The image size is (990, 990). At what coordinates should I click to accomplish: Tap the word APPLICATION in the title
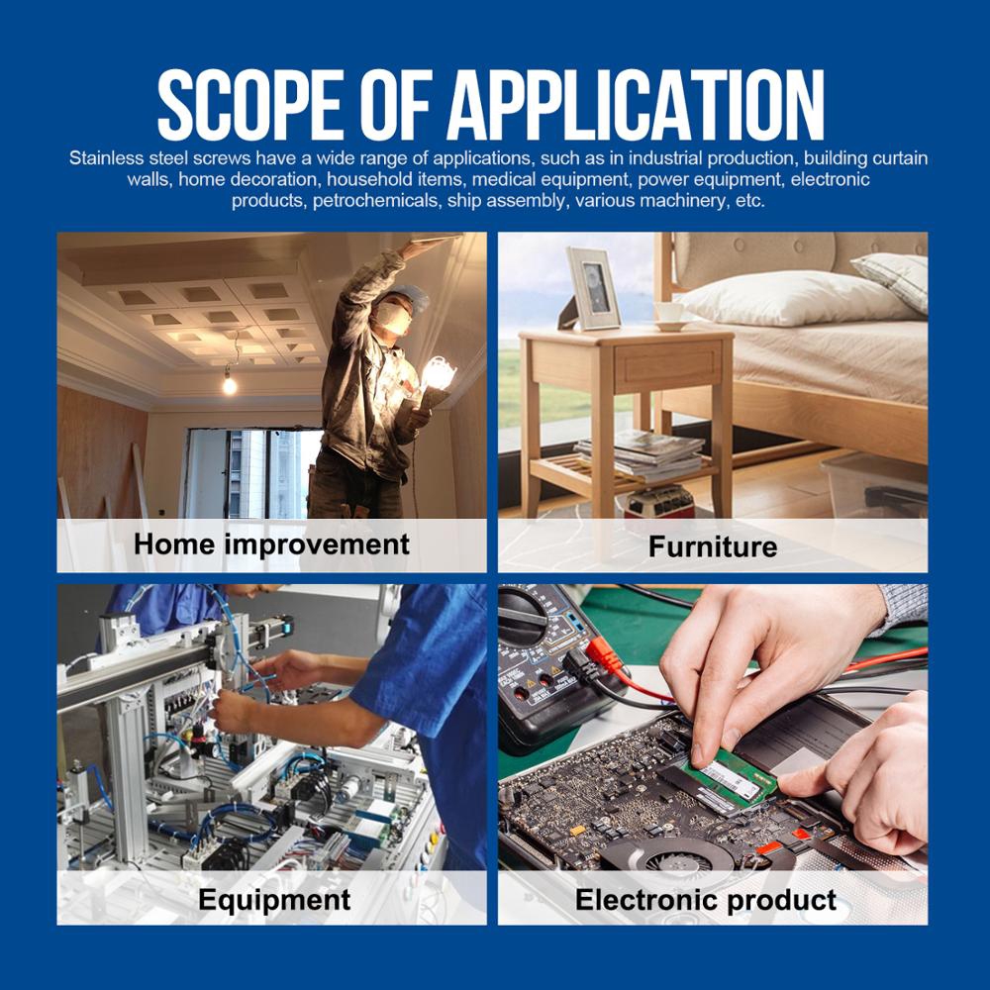tap(636, 105)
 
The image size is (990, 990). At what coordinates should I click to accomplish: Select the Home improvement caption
tap(271, 544)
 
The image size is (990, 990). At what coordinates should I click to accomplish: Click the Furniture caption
tap(713, 546)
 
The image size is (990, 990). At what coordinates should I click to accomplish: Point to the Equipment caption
tap(274, 899)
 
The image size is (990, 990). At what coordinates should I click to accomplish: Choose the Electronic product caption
tap(705, 899)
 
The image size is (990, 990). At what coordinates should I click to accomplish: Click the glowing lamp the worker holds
tap(439, 374)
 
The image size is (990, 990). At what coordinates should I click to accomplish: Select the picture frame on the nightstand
tap(592, 288)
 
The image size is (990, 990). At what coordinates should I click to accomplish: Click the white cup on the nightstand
tap(669, 314)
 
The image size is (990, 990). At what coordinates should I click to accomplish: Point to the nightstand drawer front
tap(667, 365)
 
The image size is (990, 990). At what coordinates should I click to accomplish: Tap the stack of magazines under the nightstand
tap(641, 454)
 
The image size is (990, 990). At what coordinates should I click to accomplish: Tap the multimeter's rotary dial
tap(523, 613)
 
